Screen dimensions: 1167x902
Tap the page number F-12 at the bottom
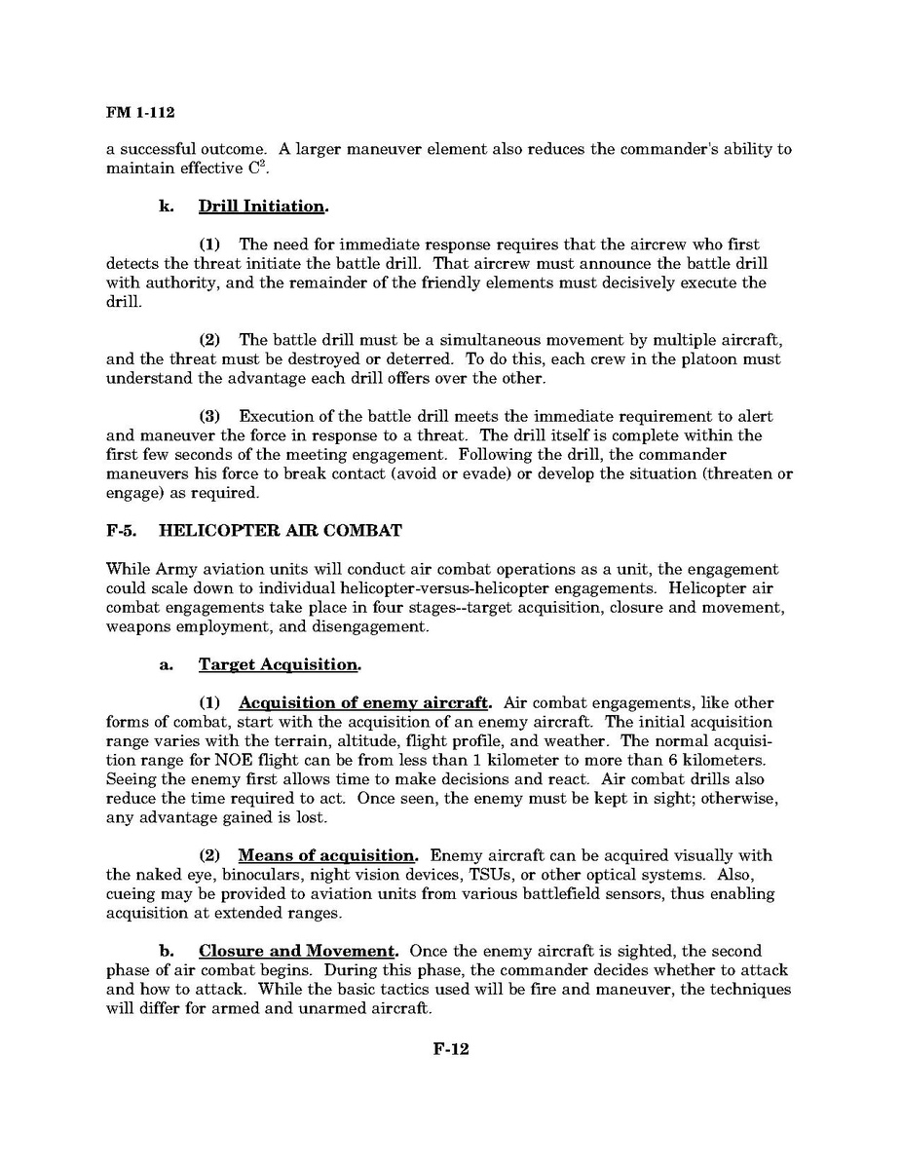450,1049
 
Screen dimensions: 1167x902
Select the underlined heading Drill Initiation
262,207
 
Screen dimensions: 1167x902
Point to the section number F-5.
124,531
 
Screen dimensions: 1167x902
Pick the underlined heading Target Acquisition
279,664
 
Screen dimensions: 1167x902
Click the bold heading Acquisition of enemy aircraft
364,702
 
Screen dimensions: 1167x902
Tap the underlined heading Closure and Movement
299,950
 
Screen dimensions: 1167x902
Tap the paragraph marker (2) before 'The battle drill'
210,340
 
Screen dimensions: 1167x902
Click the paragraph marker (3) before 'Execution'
210,416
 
